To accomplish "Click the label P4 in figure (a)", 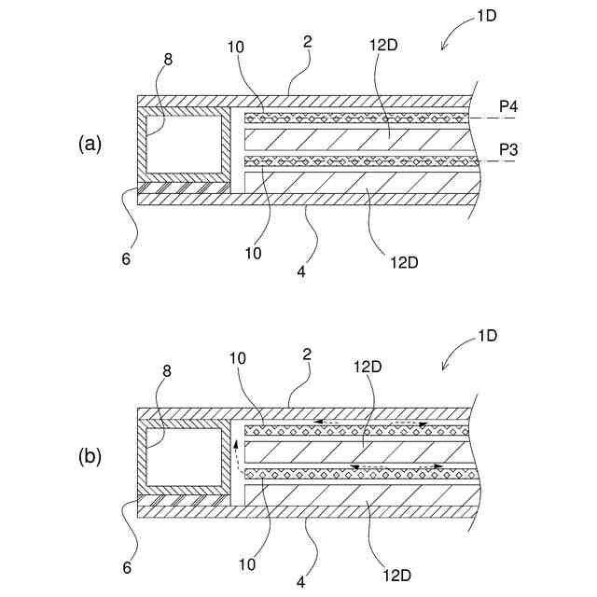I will coord(508,107).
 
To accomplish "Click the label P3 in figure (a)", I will coord(508,149).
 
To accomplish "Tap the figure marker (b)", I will coord(90,457).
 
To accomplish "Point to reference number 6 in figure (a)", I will coord(126,258).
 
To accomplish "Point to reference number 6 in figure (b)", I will coord(126,566).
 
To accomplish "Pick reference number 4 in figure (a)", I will coord(300,271).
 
